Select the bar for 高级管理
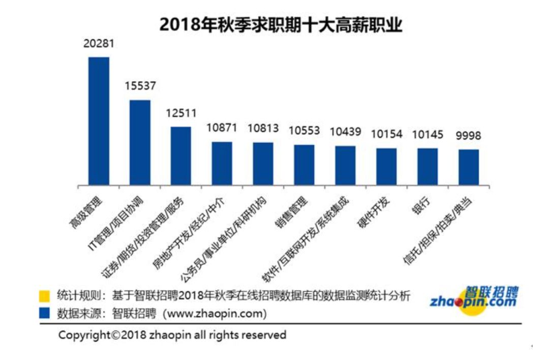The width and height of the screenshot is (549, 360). (x=99, y=121)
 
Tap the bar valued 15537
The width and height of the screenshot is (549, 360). (x=140, y=142)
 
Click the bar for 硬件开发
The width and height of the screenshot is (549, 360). (x=386, y=166)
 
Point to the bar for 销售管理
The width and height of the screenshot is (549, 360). (x=304, y=165)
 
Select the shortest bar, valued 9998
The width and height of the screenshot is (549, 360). (x=469, y=167)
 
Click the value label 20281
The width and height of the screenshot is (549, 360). (x=99, y=44)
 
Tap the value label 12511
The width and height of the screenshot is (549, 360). (x=180, y=113)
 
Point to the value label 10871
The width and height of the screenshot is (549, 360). (x=222, y=128)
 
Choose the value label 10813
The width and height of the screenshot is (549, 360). (x=263, y=128)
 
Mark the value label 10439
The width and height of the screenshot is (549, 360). (x=345, y=132)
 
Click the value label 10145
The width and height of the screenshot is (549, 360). (x=428, y=134)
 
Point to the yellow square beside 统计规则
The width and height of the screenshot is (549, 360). (x=45, y=296)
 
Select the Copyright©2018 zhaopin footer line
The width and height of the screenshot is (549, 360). (x=172, y=335)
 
